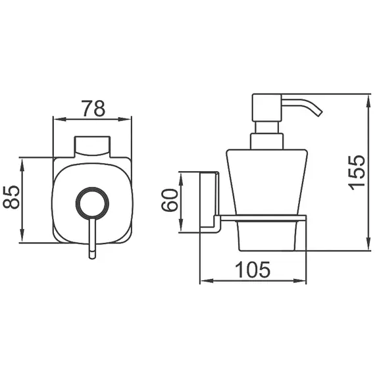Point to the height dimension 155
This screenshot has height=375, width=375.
[x=356, y=172]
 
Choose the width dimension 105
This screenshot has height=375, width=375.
[x=253, y=269]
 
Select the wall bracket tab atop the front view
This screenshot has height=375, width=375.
[x=91, y=145]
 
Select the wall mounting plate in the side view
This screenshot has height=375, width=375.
[x=208, y=202]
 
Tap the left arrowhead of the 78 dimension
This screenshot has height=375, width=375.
[x=55, y=120]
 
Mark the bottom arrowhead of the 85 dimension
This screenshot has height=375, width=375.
[x=22, y=240]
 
